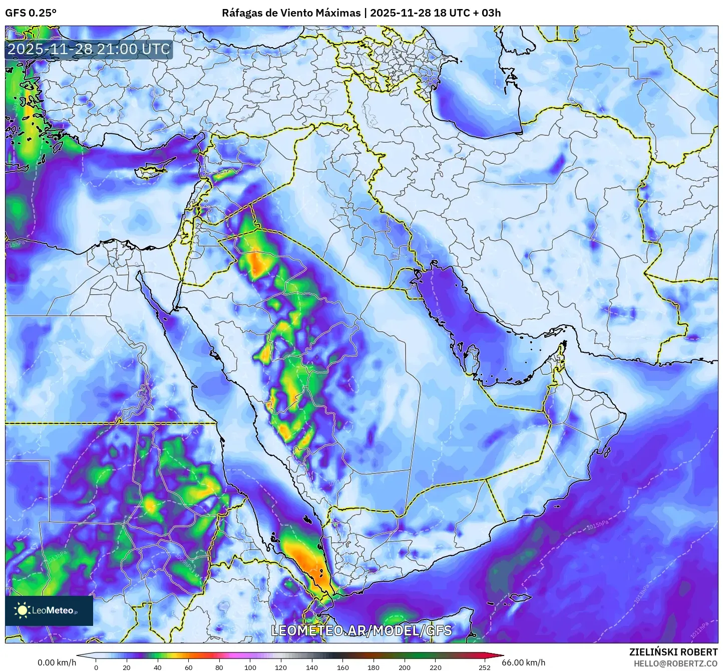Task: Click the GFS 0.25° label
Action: point(31,13)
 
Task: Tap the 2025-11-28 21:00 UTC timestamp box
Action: point(89,50)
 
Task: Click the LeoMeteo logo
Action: point(49,610)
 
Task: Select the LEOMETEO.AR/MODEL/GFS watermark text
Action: point(361,630)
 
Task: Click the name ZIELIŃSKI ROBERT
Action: point(673,652)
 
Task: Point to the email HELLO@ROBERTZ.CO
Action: point(675,663)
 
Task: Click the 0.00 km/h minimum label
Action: point(57,662)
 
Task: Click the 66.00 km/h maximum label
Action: point(524,662)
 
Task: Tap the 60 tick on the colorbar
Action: point(189,667)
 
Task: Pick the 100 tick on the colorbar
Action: point(250,667)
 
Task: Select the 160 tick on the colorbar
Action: point(343,667)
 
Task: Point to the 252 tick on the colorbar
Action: point(484,667)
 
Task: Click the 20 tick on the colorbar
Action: point(127,667)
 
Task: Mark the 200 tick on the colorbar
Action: point(405,667)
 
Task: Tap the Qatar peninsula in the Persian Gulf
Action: point(471,357)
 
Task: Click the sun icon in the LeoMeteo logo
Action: point(22,610)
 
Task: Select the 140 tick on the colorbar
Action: point(312,667)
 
